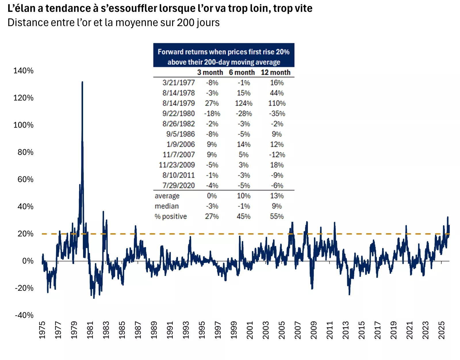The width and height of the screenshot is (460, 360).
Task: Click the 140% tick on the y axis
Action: click(x=23, y=71)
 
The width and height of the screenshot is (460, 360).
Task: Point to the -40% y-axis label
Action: click(x=24, y=315)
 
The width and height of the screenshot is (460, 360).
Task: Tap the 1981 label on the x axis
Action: click(x=90, y=330)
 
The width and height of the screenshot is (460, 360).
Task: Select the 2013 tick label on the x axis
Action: click(x=346, y=330)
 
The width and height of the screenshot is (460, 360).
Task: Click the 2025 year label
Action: click(x=442, y=330)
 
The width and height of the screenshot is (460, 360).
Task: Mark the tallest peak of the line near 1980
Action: click(x=82, y=82)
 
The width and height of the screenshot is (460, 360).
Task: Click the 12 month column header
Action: click(x=275, y=73)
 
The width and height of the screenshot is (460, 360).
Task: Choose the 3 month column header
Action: click(x=210, y=73)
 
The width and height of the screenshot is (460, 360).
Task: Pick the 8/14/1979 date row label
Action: click(x=179, y=103)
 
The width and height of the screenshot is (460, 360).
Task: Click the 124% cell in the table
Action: click(x=244, y=103)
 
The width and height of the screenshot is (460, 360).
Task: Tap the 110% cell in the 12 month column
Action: click(x=277, y=103)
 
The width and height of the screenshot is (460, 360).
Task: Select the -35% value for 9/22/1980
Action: click(x=277, y=114)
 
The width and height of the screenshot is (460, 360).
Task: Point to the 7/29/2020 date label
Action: click(x=179, y=186)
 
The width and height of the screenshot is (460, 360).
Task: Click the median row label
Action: click(x=167, y=206)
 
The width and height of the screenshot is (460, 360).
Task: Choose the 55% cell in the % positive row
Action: click(x=277, y=216)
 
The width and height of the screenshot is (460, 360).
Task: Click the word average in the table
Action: click(x=167, y=196)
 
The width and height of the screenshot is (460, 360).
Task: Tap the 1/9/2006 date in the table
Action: click(x=181, y=144)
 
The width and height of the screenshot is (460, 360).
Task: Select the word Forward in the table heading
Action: click(x=170, y=52)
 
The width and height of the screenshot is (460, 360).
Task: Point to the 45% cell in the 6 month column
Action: click(x=244, y=216)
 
